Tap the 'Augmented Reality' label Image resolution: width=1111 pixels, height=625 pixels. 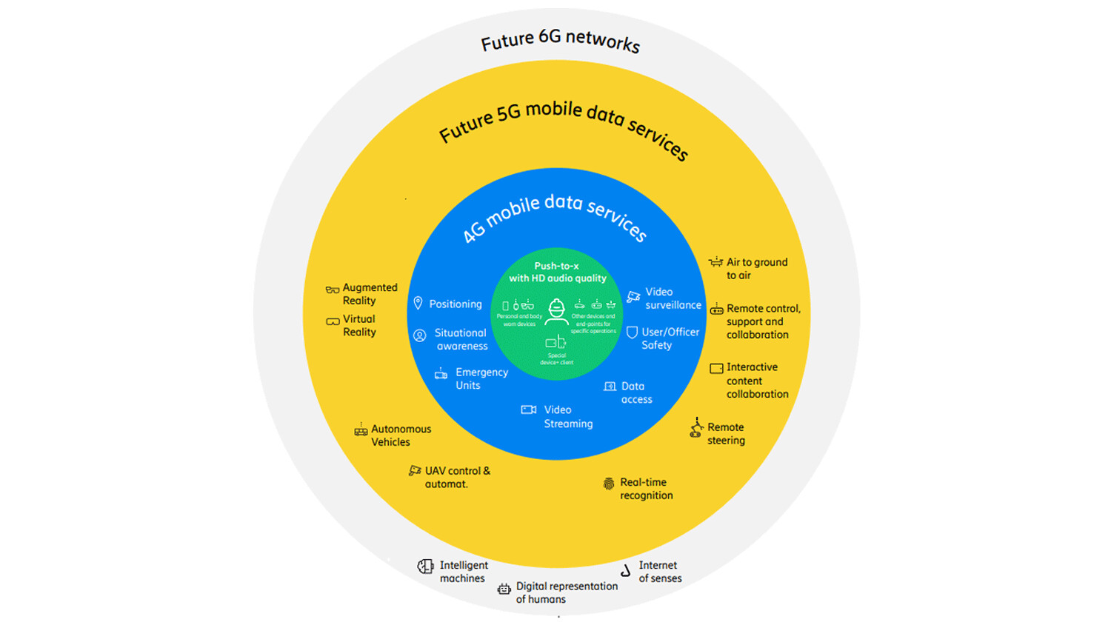(x=369, y=294)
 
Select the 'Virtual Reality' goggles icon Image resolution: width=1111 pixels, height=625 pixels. (x=333, y=321)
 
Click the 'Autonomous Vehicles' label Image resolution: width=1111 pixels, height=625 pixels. (x=400, y=435)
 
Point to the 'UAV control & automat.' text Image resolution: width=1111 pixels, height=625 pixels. (x=456, y=477)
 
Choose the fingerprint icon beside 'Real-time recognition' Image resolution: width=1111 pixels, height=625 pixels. (x=609, y=484)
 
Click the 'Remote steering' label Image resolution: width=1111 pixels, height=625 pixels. (x=725, y=434)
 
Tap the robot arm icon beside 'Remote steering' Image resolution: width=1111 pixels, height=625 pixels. (x=696, y=428)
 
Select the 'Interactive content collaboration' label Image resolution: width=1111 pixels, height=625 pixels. (x=756, y=381)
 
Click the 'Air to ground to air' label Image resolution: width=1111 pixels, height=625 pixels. (x=756, y=269)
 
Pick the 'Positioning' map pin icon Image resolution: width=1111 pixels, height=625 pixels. (x=418, y=304)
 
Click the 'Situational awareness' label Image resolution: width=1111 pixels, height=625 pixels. (x=461, y=339)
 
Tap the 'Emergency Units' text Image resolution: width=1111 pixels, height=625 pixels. (x=481, y=378)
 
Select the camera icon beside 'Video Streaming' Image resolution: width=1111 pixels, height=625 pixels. (x=529, y=410)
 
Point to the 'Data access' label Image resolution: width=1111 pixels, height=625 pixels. (x=635, y=392)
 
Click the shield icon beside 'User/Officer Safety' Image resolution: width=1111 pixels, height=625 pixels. (x=632, y=332)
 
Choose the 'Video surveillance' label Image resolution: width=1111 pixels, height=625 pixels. (x=672, y=298)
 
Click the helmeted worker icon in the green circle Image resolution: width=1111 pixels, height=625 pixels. (x=556, y=312)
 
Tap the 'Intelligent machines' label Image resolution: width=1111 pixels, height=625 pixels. (x=463, y=572)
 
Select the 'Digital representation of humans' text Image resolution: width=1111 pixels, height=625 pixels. (x=566, y=592)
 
